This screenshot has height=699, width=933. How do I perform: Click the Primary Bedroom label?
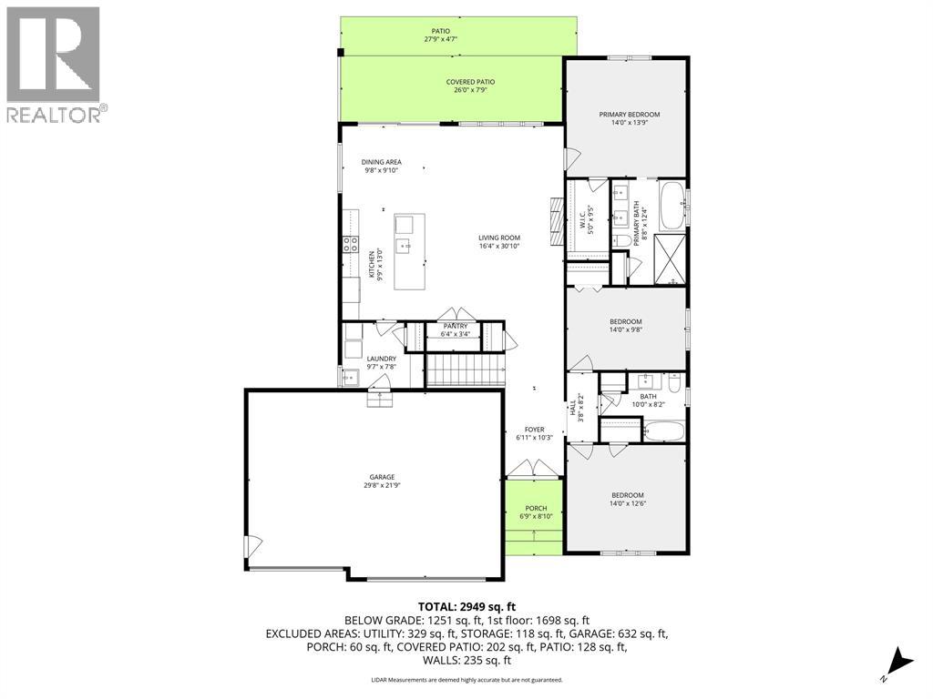coord(629,114)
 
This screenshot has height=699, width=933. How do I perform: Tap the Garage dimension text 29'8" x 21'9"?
coord(382,485)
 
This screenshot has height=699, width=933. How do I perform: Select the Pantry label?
coord(456,327)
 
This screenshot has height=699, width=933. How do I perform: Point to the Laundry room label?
coord(382,359)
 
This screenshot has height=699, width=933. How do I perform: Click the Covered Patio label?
coord(470,82)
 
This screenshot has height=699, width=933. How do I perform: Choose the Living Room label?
coord(499,238)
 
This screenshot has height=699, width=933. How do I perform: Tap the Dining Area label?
coord(382,162)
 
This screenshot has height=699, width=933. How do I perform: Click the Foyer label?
coord(534,430)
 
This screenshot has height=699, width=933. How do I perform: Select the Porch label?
coord(536,508)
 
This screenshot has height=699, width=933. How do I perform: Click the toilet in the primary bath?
coord(621,241)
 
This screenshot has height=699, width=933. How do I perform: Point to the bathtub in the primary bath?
coord(673,206)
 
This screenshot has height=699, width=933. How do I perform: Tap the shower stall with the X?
coord(670,259)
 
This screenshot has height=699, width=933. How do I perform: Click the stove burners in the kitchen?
coord(350,243)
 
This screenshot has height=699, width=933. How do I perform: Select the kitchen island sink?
coord(404,245)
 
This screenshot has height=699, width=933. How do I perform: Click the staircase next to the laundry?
coord(466,370)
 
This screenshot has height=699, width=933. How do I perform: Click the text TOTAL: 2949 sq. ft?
coord(466,607)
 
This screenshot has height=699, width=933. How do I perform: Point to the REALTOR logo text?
coord(56,115)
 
